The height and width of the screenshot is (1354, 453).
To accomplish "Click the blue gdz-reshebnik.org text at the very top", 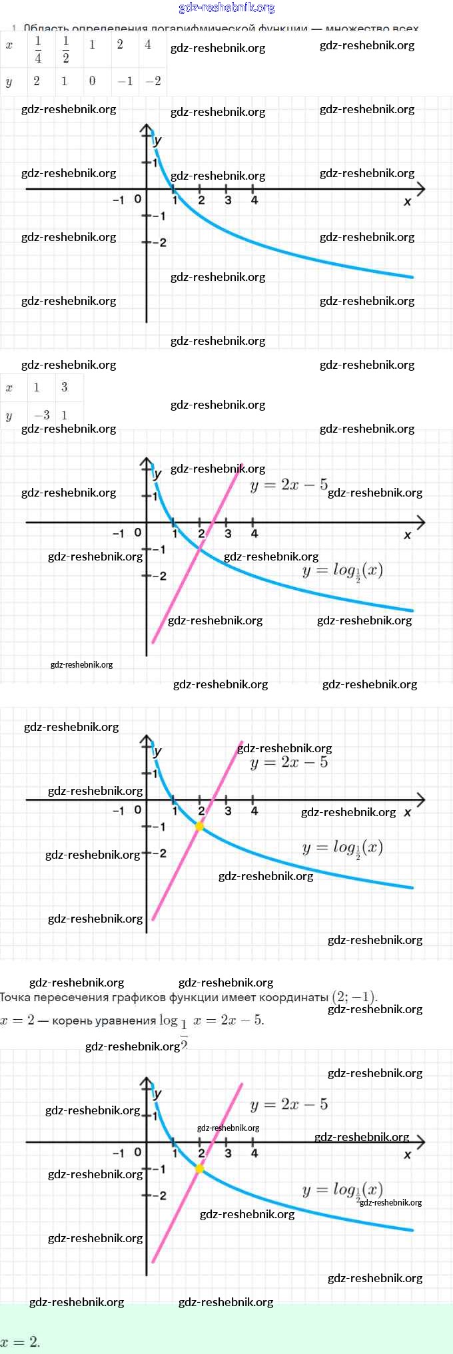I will click(x=226, y=8).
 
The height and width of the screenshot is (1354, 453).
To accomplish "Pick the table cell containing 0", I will click(x=92, y=81).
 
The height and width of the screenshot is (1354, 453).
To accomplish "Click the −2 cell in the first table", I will click(x=153, y=81).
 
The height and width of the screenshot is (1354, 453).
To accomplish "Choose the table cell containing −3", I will click(x=41, y=415).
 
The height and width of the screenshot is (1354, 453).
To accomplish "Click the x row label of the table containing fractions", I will click(x=9, y=45).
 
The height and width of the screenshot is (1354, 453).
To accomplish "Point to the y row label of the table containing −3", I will click(x=9, y=415).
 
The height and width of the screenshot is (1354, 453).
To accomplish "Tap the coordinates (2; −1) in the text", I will click(x=354, y=997).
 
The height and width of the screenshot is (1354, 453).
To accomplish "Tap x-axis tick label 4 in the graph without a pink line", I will click(x=254, y=200).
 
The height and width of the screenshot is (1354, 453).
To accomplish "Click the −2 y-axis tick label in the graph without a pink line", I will click(x=159, y=242).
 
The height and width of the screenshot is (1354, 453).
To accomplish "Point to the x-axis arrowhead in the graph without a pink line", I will click(x=420, y=189).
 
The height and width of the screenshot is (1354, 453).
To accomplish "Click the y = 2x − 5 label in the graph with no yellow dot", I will click(x=289, y=485).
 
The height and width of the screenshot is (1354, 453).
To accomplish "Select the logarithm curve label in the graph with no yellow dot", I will click(x=342, y=571).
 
